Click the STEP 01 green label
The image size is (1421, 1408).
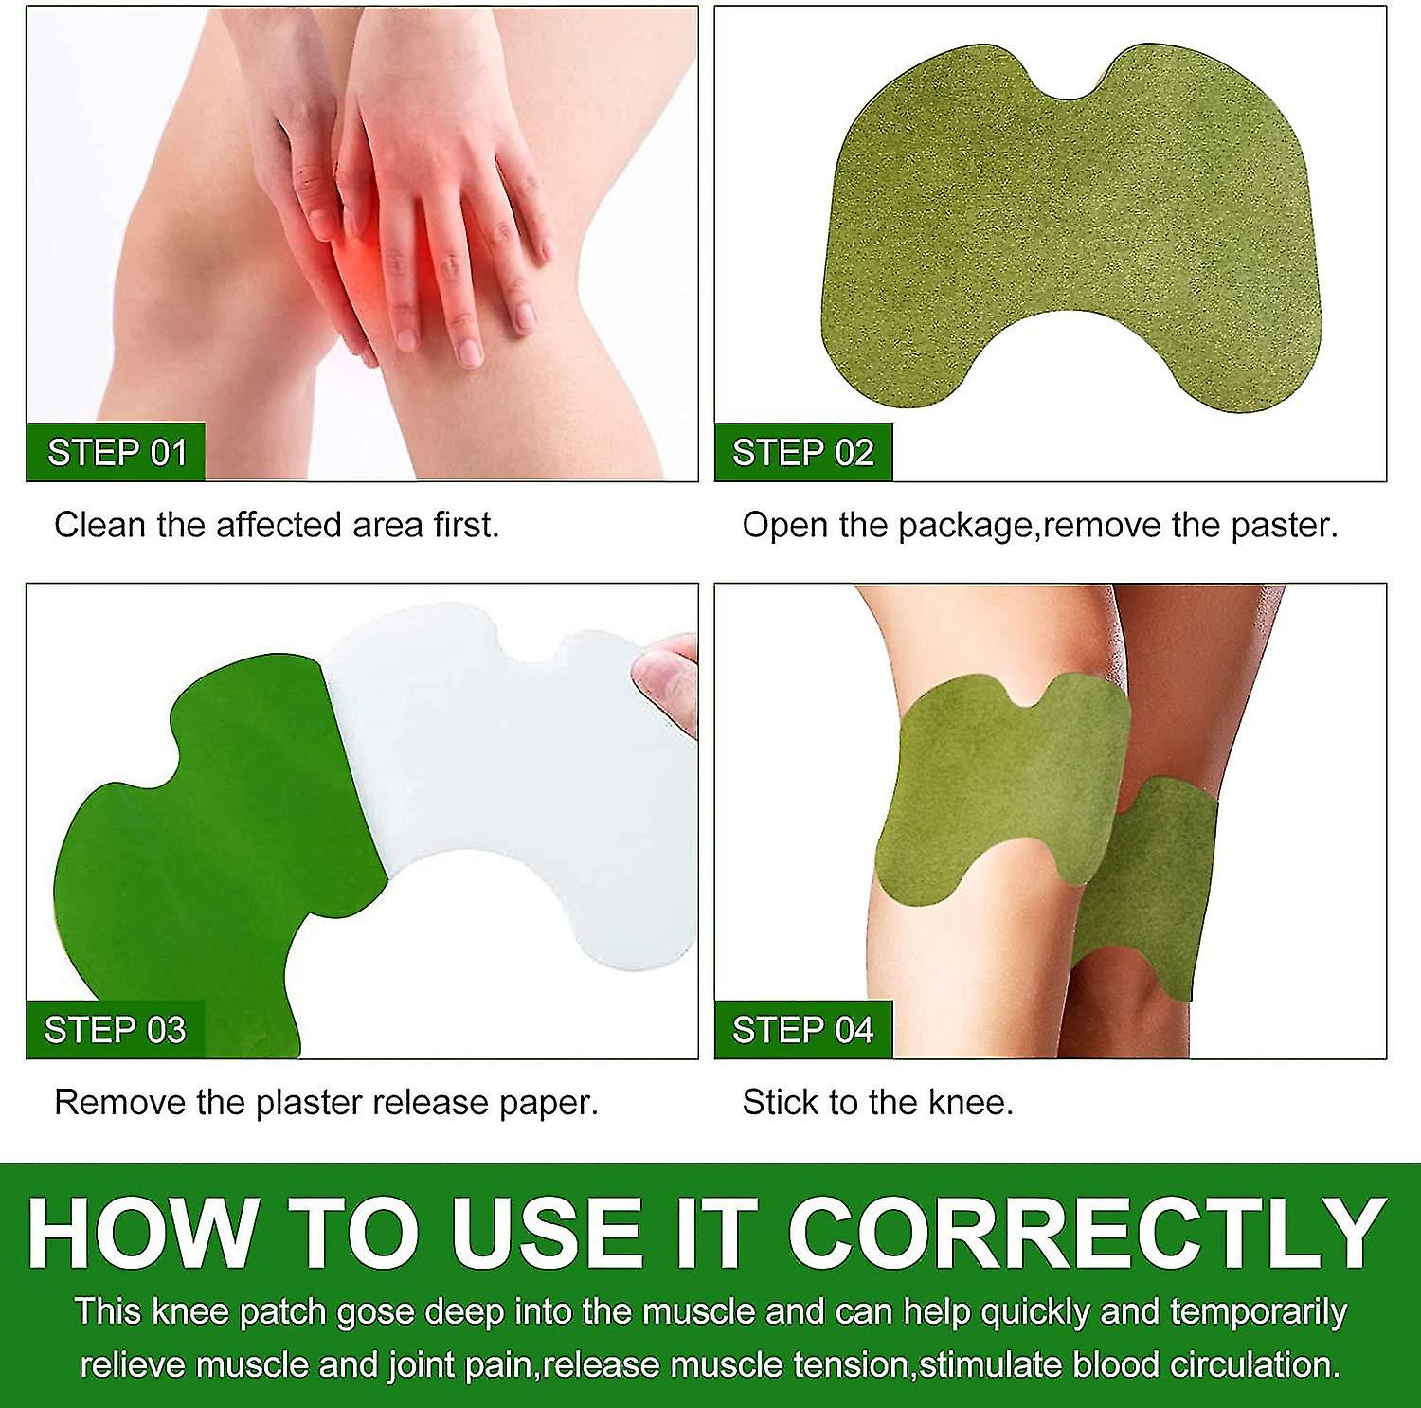tap(117, 453)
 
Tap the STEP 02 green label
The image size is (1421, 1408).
tap(803, 453)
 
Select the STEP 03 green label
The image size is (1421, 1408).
tap(116, 1030)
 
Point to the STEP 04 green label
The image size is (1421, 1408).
tap(803, 1030)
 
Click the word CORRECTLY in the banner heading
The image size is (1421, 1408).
tap(1086, 1234)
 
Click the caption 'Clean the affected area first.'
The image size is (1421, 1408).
tap(277, 525)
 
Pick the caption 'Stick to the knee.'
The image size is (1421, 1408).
tap(878, 1102)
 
